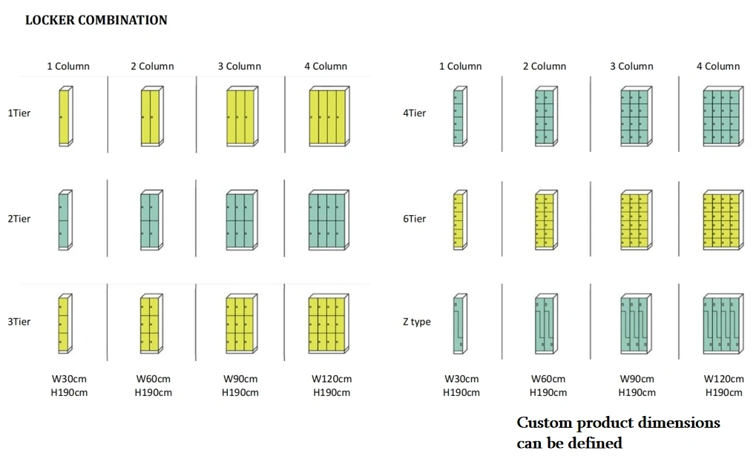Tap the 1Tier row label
[x=19, y=113]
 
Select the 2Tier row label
[x=19, y=219]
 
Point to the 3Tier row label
[x=19, y=322]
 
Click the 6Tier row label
[x=415, y=219]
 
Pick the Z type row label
[x=417, y=322]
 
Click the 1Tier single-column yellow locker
[x=65, y=116]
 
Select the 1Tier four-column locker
[x=329, y=116]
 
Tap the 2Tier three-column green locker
[x=242, y=220]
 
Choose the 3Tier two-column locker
[x=151, y=324]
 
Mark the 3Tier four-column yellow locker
[x=329, y=324]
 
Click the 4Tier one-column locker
[x=461, y=116]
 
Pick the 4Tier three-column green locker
[x=637, y=116]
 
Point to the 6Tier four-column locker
[x=723, y=220]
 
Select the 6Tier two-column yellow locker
[x=546, y=220]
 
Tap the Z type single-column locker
[x=461, y=324]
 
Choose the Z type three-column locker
[x=637, y=324]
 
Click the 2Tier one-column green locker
[x=65, y=220]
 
